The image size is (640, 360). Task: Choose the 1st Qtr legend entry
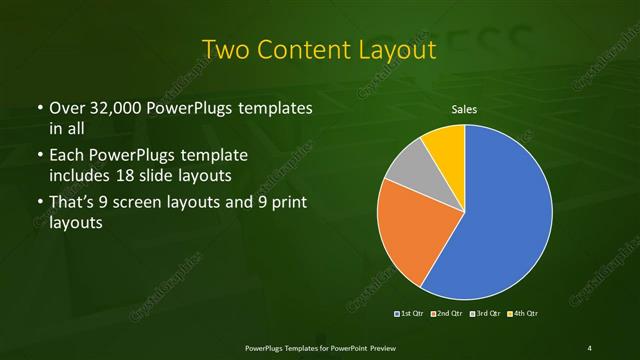pyautogui.click(x=409, y=313)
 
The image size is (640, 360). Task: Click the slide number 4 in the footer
pyautogui.click(x=590, y=347)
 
